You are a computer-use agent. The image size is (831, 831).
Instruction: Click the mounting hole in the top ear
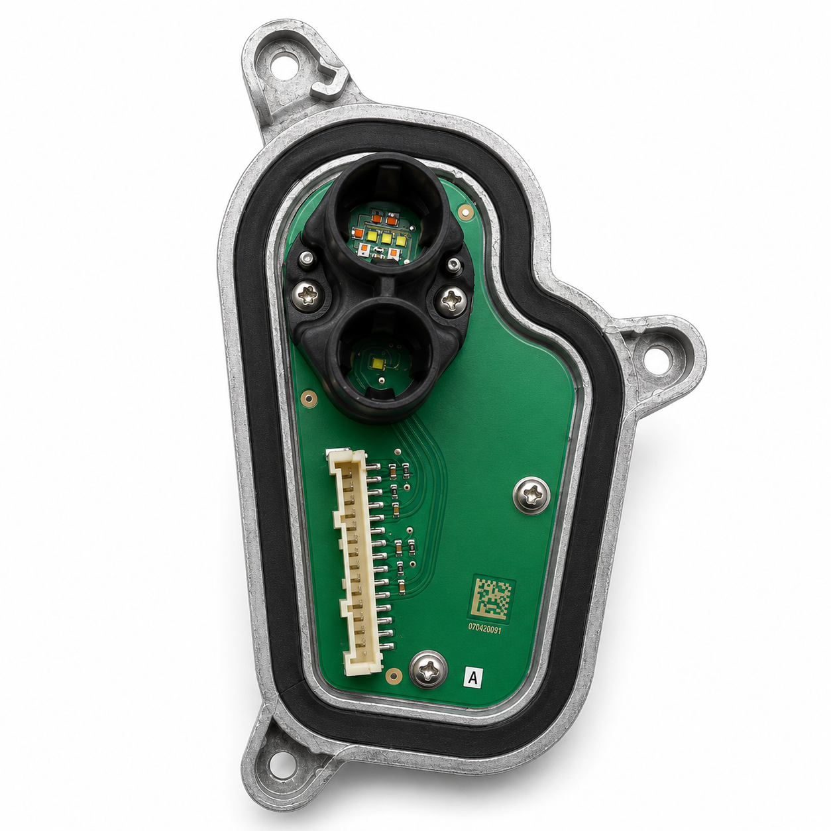pyautogui.click(x=284, y=65)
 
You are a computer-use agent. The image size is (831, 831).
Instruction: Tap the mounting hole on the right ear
pyautogui.click(x=655, y=357)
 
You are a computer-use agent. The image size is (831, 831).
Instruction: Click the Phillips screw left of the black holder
pyautogui.click(x=308, y=296)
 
